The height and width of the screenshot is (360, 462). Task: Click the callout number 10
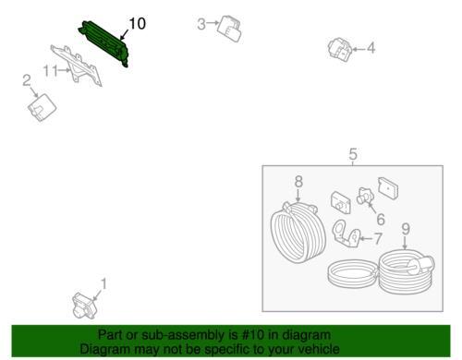pos(138,24)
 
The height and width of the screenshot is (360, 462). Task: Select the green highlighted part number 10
pos(103,43)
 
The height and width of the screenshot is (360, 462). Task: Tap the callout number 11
pos(51,71)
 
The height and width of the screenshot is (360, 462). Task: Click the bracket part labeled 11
pos(78,65)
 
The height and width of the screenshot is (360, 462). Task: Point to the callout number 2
pos(27,80)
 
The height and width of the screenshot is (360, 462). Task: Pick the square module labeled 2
pos(42,107)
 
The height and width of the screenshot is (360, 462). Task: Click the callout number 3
pos(201,24)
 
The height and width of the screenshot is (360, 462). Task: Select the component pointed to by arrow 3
pos(230,28)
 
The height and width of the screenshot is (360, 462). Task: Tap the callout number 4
pos(371,48)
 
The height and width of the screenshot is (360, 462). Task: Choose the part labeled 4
pos(340,49)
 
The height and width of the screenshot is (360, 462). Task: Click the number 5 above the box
pos(353,154)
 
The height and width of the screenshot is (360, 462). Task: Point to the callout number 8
pos(298,181)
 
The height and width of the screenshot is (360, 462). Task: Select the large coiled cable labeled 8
pos(298,232)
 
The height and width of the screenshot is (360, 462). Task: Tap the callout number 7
pos(378,238)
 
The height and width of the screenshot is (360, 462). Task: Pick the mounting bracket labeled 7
pos(346,234)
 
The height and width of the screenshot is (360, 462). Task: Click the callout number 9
pos(406,229)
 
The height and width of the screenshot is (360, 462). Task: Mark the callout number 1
pos(104,284)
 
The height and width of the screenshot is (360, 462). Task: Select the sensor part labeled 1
pos(84,305)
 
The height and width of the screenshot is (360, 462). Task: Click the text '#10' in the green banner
pos(253,335)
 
